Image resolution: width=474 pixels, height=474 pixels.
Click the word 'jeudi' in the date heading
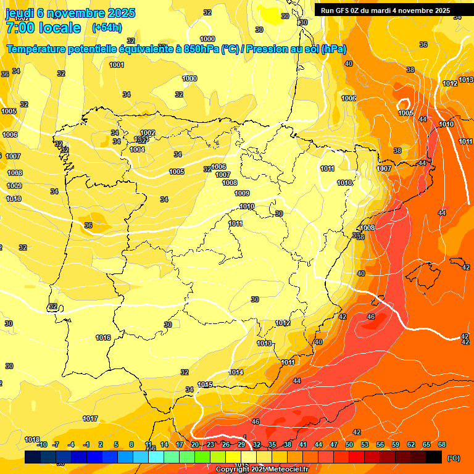[x=20, y=13]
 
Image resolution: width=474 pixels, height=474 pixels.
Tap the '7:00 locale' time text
[x=43, y=28]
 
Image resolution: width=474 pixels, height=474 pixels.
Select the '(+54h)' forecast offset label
[x=107, y=28]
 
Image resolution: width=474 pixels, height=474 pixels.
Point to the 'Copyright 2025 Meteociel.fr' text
[x=262, y=469]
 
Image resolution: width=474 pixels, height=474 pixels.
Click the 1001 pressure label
[x=117, y=65]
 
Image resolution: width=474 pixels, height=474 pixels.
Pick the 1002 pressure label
[x=148, y=133]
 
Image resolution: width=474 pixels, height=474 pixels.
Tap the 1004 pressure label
[x=137, y=149]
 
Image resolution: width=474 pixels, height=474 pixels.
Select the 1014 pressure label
[x=236, y=372]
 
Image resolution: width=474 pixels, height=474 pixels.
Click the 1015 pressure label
[x=206, y=385]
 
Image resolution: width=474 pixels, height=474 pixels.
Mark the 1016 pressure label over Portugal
[x=103, y=338]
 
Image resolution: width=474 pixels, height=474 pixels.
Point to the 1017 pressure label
[x=90, y=418]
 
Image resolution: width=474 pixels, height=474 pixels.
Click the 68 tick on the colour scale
[x=442, y=444]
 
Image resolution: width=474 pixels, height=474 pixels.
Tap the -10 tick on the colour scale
[x=42, y=444]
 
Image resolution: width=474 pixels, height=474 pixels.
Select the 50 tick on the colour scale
[x=349, y=444]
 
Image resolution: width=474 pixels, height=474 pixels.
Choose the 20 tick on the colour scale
[x=195, y=444]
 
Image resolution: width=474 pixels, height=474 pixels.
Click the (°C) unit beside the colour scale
[x=453, y=457]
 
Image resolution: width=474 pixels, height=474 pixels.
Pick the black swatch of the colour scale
[x=434, y=457]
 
